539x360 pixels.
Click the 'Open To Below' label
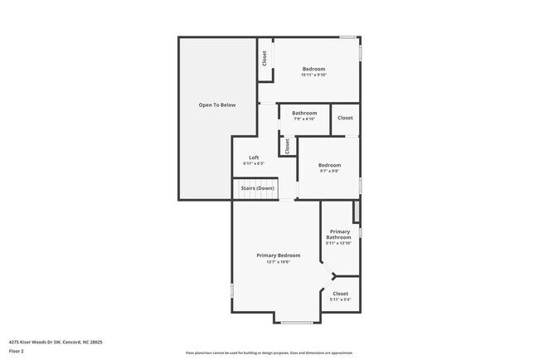(x=217, y=105)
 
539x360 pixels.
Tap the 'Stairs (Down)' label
(x=258, y=188)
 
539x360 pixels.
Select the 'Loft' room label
(x=254, y=158)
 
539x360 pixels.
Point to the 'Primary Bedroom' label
(x=279, y=255)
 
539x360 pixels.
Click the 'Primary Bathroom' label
(x=340, y=234)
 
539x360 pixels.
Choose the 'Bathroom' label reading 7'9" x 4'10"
(x=304, y=113)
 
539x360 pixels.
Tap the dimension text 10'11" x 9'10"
(x=313, y=75)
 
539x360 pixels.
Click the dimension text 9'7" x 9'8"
(x=329, y=172)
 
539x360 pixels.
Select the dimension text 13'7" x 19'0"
(x=279, y=262)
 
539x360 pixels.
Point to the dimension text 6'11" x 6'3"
(x=254, y=163)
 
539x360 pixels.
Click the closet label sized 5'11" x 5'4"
(x=341, y=299)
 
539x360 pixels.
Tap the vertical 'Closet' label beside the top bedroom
(x=265, y=59)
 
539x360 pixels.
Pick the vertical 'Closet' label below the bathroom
(x=287, y=146)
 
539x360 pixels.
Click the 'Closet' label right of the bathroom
(x=346, y=118)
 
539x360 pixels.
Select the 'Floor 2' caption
(x=17, y=352)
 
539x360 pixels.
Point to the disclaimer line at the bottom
(x=269, y=353)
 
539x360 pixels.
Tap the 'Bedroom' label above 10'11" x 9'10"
(x=313, y=69)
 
